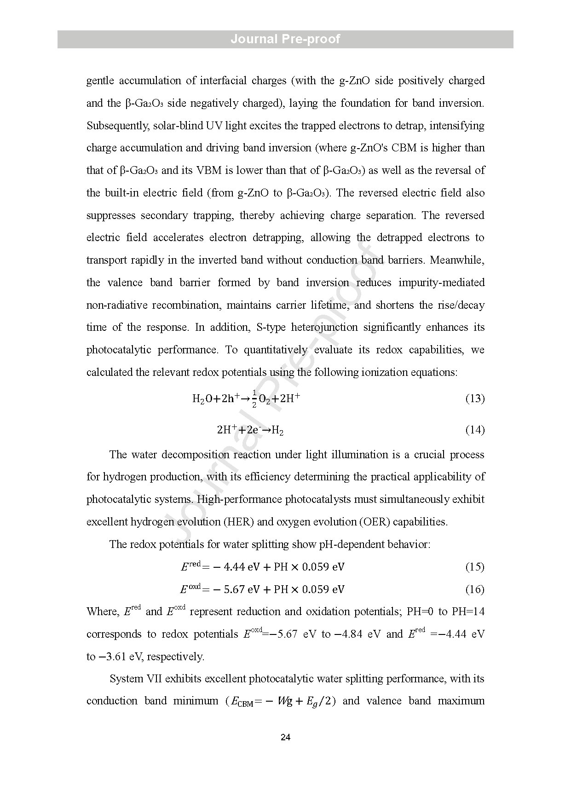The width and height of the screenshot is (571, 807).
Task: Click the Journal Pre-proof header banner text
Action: (x=285, y=39)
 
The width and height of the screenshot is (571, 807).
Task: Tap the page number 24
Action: (x=285, y=738)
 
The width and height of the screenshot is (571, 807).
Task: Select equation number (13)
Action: (x=475, y=398)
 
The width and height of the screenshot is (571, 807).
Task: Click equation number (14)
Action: (x=475, y=430)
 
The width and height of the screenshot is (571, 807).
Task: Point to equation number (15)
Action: (x=475, y=567)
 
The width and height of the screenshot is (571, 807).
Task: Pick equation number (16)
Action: (x=475, y=589)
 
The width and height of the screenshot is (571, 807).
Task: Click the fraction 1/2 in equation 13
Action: (x=254, y=398)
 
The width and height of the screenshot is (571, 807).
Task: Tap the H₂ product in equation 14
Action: (x=277, y=431)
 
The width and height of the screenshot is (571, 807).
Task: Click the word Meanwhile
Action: (x=457, y=260)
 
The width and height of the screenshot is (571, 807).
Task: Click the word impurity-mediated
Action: (x=441, y=282)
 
